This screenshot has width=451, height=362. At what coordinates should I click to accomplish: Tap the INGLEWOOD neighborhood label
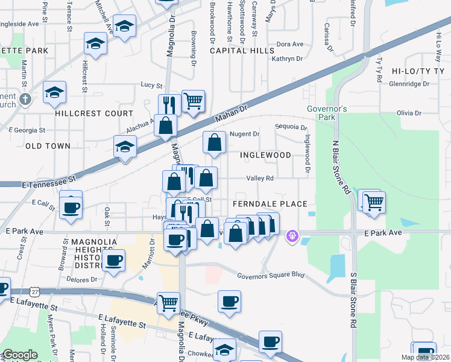265,155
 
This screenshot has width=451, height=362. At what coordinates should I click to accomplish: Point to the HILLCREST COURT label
93,113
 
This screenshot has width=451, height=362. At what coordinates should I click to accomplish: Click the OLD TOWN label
48,146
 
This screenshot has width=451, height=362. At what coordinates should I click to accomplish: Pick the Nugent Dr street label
245,134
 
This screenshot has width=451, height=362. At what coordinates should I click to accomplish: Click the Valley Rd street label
260,178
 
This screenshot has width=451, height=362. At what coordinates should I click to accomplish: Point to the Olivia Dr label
409,113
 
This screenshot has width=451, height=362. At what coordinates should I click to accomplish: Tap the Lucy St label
152,85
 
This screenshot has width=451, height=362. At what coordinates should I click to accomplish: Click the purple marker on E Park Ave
293,235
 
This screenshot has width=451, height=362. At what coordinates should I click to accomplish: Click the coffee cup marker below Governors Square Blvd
229,301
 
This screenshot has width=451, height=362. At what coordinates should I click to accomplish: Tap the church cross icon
25,99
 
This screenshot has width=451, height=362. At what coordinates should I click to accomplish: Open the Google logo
20,355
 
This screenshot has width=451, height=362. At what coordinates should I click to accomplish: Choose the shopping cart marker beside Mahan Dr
193,101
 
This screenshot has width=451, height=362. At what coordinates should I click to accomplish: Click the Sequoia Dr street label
291,127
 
